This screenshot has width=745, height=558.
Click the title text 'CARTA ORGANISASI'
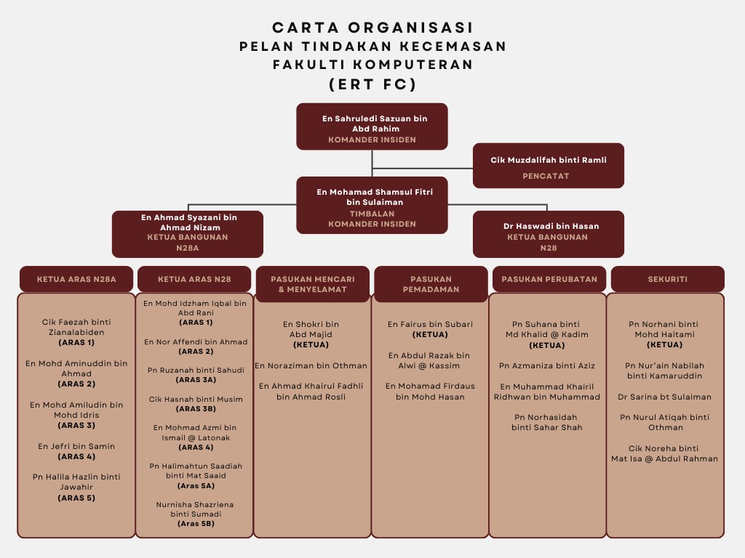pos(372,28)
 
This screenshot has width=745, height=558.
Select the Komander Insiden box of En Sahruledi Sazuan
pos(372,126)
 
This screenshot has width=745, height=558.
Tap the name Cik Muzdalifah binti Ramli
pos(548,160)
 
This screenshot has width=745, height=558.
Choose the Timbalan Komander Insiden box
pos(372,205)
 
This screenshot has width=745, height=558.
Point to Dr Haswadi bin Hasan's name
pos(551,226)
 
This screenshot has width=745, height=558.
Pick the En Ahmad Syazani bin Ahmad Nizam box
pos(188,234)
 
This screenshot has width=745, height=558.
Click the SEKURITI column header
pos(667,279)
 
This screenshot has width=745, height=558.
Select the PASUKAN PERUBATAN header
pos(549,279)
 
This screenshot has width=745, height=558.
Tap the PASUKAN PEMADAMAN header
pos(431,283)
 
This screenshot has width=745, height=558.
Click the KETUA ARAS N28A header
pos(76,279)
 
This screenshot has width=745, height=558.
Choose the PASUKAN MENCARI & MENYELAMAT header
pos(313,283)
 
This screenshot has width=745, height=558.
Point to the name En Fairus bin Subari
pos(430,324)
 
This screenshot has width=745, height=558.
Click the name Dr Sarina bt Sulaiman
pos(665,397)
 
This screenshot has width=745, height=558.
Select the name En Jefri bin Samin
pos(76,446)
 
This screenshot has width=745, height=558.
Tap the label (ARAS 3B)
pos(196,409)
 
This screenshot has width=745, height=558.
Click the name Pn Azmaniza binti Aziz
pos(547,365)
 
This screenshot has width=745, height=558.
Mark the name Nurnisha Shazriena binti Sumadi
pos(195,509)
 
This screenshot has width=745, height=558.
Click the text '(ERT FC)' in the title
pos(372,84)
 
